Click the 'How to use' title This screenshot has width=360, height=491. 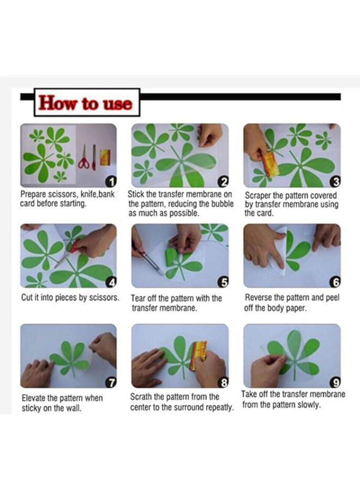pyautogui.click(x=85, y=103)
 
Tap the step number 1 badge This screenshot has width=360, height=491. pyautogui.click(x=111, y=181)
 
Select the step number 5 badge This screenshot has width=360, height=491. pyautogui.click(x=223, y=282)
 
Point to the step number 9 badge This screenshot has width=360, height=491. pyautogui.click(x=335, y=382)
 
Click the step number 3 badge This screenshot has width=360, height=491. pyautogui.click(x=335, y=181)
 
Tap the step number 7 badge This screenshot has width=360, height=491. pyautogui.click(x=111, y=382)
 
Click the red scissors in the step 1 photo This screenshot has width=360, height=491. pyautogui.click(x=84, y=158)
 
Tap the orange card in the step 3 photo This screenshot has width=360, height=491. pyautogui.click(x=268, y=164)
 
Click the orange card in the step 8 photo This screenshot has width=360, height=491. pyautogui.click(x=199, y=355)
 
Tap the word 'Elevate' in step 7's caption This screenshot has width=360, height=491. pyautogui.click(x=34, y=398)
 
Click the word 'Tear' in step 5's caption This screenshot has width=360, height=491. pyautogui.click(x=138, y=298)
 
